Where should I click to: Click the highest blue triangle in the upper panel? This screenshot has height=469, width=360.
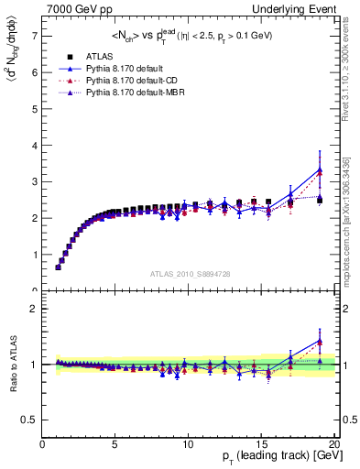tap(320, 169)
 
